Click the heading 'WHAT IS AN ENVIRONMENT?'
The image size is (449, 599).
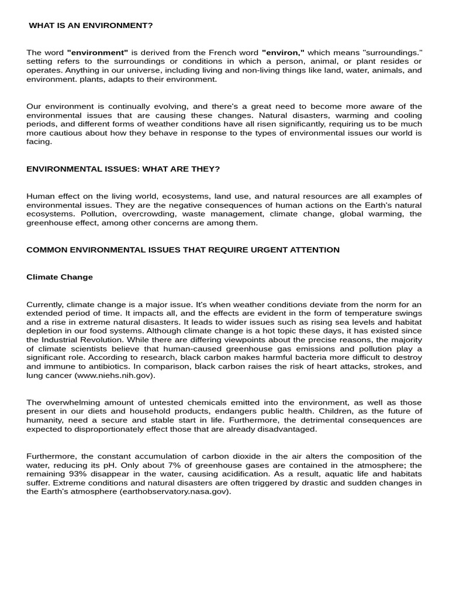[91, 26]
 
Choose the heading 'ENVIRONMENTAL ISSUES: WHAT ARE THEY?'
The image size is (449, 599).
[123, 169]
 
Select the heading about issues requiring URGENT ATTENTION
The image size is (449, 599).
[183, 250]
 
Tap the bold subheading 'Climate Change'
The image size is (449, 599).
[60, 277]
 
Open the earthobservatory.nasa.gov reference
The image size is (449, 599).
[175, 491]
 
